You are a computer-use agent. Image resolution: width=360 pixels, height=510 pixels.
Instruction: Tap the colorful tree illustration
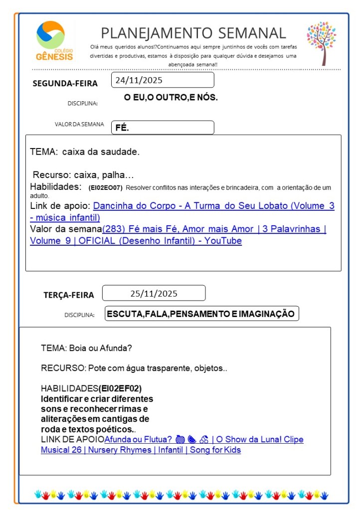click(321, 43)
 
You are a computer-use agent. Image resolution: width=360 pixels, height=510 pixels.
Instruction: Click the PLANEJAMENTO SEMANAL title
click(193, 33)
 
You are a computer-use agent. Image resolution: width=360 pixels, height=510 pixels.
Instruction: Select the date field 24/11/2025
click(163, 80)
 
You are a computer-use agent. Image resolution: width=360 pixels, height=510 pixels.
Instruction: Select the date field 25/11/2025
click(154, 293)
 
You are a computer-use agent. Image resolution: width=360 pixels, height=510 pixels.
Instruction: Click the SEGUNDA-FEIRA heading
click(65, 83)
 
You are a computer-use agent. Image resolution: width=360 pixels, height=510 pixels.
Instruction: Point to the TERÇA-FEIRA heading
click(68, 295)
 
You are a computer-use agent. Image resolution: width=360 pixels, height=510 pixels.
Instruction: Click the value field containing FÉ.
click(163, 128)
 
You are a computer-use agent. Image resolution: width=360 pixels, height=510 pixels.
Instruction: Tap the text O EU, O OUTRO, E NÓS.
click(171, 98)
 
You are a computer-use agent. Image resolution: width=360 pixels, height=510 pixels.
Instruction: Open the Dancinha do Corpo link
click(213, 206)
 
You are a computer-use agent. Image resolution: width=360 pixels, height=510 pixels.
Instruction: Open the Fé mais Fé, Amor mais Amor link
click(214, 229)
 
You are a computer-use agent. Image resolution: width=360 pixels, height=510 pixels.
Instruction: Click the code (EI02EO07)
click(105, 188)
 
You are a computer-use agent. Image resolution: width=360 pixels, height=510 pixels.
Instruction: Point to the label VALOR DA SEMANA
click(79, 125)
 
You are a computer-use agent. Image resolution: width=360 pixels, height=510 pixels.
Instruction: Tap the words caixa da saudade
click(101, 152)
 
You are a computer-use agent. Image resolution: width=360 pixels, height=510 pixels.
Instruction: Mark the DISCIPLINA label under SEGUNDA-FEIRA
click(82, 104)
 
